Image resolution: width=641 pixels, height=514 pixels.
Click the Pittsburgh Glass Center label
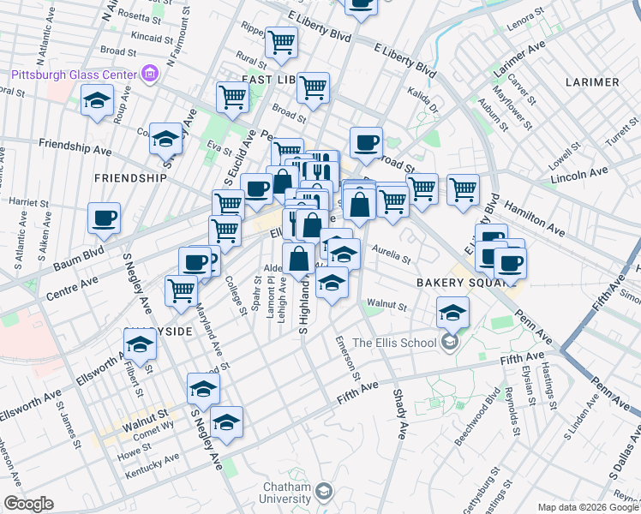[73, 74]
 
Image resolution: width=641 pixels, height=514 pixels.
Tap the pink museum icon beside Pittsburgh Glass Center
[151, 74]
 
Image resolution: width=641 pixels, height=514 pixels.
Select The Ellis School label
[396, 344]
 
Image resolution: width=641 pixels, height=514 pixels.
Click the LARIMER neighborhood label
[592, 82]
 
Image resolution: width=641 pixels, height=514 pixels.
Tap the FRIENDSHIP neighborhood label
[130, 178]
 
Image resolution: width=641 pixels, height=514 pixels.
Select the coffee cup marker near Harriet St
[104, 218]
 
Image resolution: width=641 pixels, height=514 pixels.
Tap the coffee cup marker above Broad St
[366, 142]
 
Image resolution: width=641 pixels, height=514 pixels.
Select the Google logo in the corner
[28, 504]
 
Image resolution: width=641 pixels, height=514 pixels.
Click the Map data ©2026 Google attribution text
[588, 507]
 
